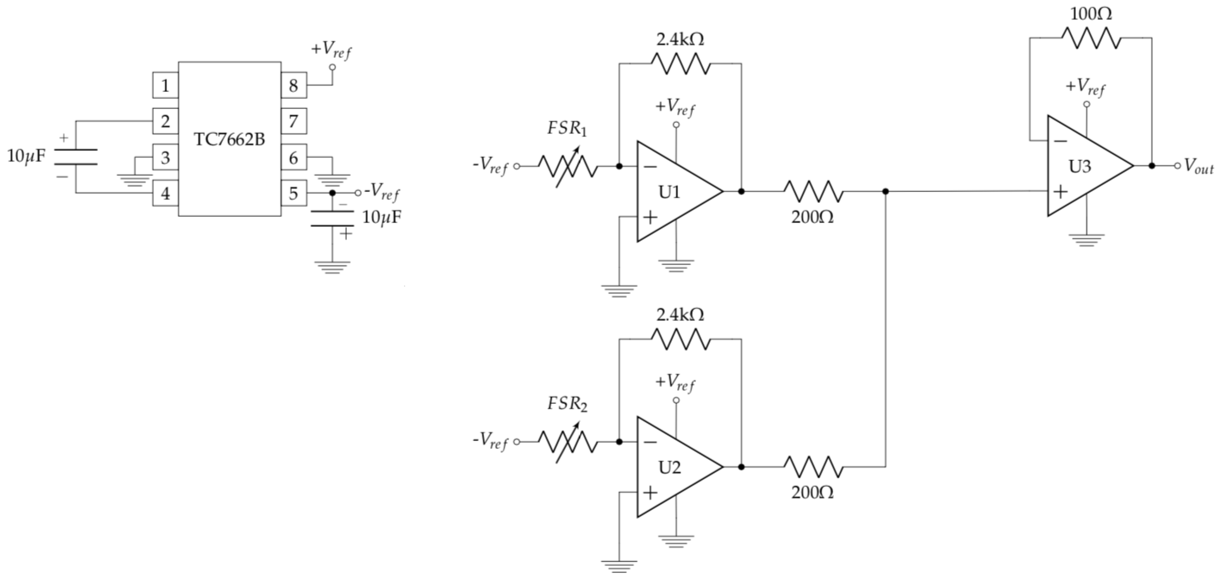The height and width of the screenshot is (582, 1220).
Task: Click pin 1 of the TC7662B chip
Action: (165, 85)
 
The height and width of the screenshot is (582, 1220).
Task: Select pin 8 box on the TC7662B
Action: (294, 85)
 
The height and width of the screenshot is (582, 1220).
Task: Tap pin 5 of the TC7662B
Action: (294, 193)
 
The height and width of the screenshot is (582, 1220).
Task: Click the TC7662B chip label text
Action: (229, 140)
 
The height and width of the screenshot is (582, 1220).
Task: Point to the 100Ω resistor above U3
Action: (1091, 38)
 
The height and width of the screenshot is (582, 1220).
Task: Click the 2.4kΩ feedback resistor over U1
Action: (680, 64)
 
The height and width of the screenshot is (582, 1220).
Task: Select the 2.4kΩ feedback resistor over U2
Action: (680, 339)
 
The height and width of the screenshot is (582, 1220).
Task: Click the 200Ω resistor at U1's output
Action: (813, 192)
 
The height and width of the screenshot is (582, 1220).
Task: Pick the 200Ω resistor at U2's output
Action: (813, 467)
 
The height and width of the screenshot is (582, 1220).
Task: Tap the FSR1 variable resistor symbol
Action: (567, 166)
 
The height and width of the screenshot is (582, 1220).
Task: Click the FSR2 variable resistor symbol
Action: (567, 442)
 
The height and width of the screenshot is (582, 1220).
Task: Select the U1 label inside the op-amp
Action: (669, 192)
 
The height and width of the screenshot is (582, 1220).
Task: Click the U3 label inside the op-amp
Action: (1080, 166)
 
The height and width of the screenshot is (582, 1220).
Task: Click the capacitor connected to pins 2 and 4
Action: (76, 157)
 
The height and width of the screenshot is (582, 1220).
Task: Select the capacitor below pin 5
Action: (332, 218)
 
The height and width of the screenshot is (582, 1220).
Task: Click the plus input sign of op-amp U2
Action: (651, 493)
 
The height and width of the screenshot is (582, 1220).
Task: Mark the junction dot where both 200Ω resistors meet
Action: (886, 192)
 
